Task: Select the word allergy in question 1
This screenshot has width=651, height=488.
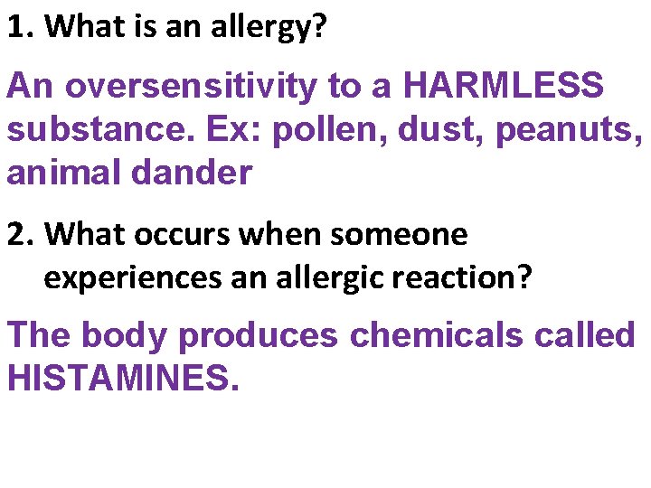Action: pyautogui.click(x=261, y=27)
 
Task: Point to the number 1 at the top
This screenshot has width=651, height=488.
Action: pyautogui.click(x=16, y=27)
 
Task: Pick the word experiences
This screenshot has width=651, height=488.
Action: pyautogui.click(x=133, y=277)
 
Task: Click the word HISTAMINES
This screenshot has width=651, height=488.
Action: pyautogui.click(x=123, y=378)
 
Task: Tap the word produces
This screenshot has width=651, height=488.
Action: pyautogui.click(x=259, y=336)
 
